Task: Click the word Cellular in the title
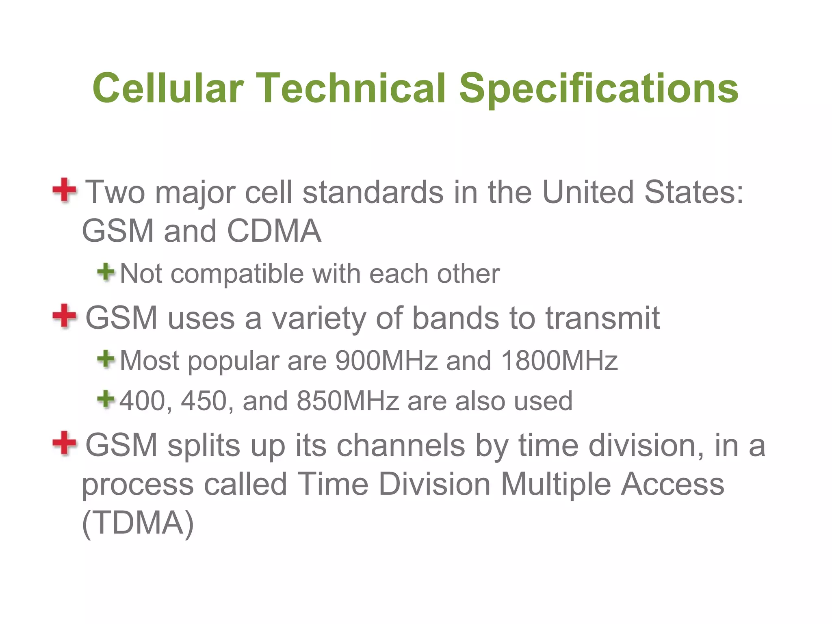(168, 88)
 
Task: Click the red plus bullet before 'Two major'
(64, 190)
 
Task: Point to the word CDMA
(274, 231)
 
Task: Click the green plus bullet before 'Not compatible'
(106, 272)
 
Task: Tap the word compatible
(237, 274)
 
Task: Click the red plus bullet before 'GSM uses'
(64, 316)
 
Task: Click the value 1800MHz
(559, 360)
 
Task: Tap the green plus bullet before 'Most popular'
(106, 359)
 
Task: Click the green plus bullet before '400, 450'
(106, 399)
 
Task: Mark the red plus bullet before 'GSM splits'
(64, 443)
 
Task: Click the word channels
(401, 445)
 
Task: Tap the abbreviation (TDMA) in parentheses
(138, 523)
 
